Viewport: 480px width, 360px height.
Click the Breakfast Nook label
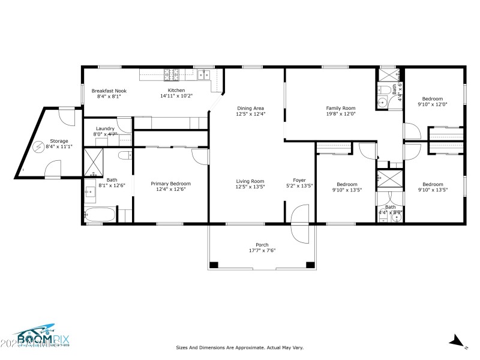point(109,91)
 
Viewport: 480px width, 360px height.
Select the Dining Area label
point(251,108)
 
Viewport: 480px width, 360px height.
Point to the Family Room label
point(341,108)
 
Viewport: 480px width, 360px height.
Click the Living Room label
point(250,181)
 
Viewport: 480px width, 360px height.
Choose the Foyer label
point(299,181)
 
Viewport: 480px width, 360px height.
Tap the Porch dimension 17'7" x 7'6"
point(262,250)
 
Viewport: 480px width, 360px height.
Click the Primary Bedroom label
point(170,184)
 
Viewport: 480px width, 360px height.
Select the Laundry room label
point(105,128)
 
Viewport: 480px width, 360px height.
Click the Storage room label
point(59,141)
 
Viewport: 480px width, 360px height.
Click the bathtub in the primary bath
point(100,214)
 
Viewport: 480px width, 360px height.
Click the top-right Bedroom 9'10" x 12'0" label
point(432,99)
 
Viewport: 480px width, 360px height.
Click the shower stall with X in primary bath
point(94,161)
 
